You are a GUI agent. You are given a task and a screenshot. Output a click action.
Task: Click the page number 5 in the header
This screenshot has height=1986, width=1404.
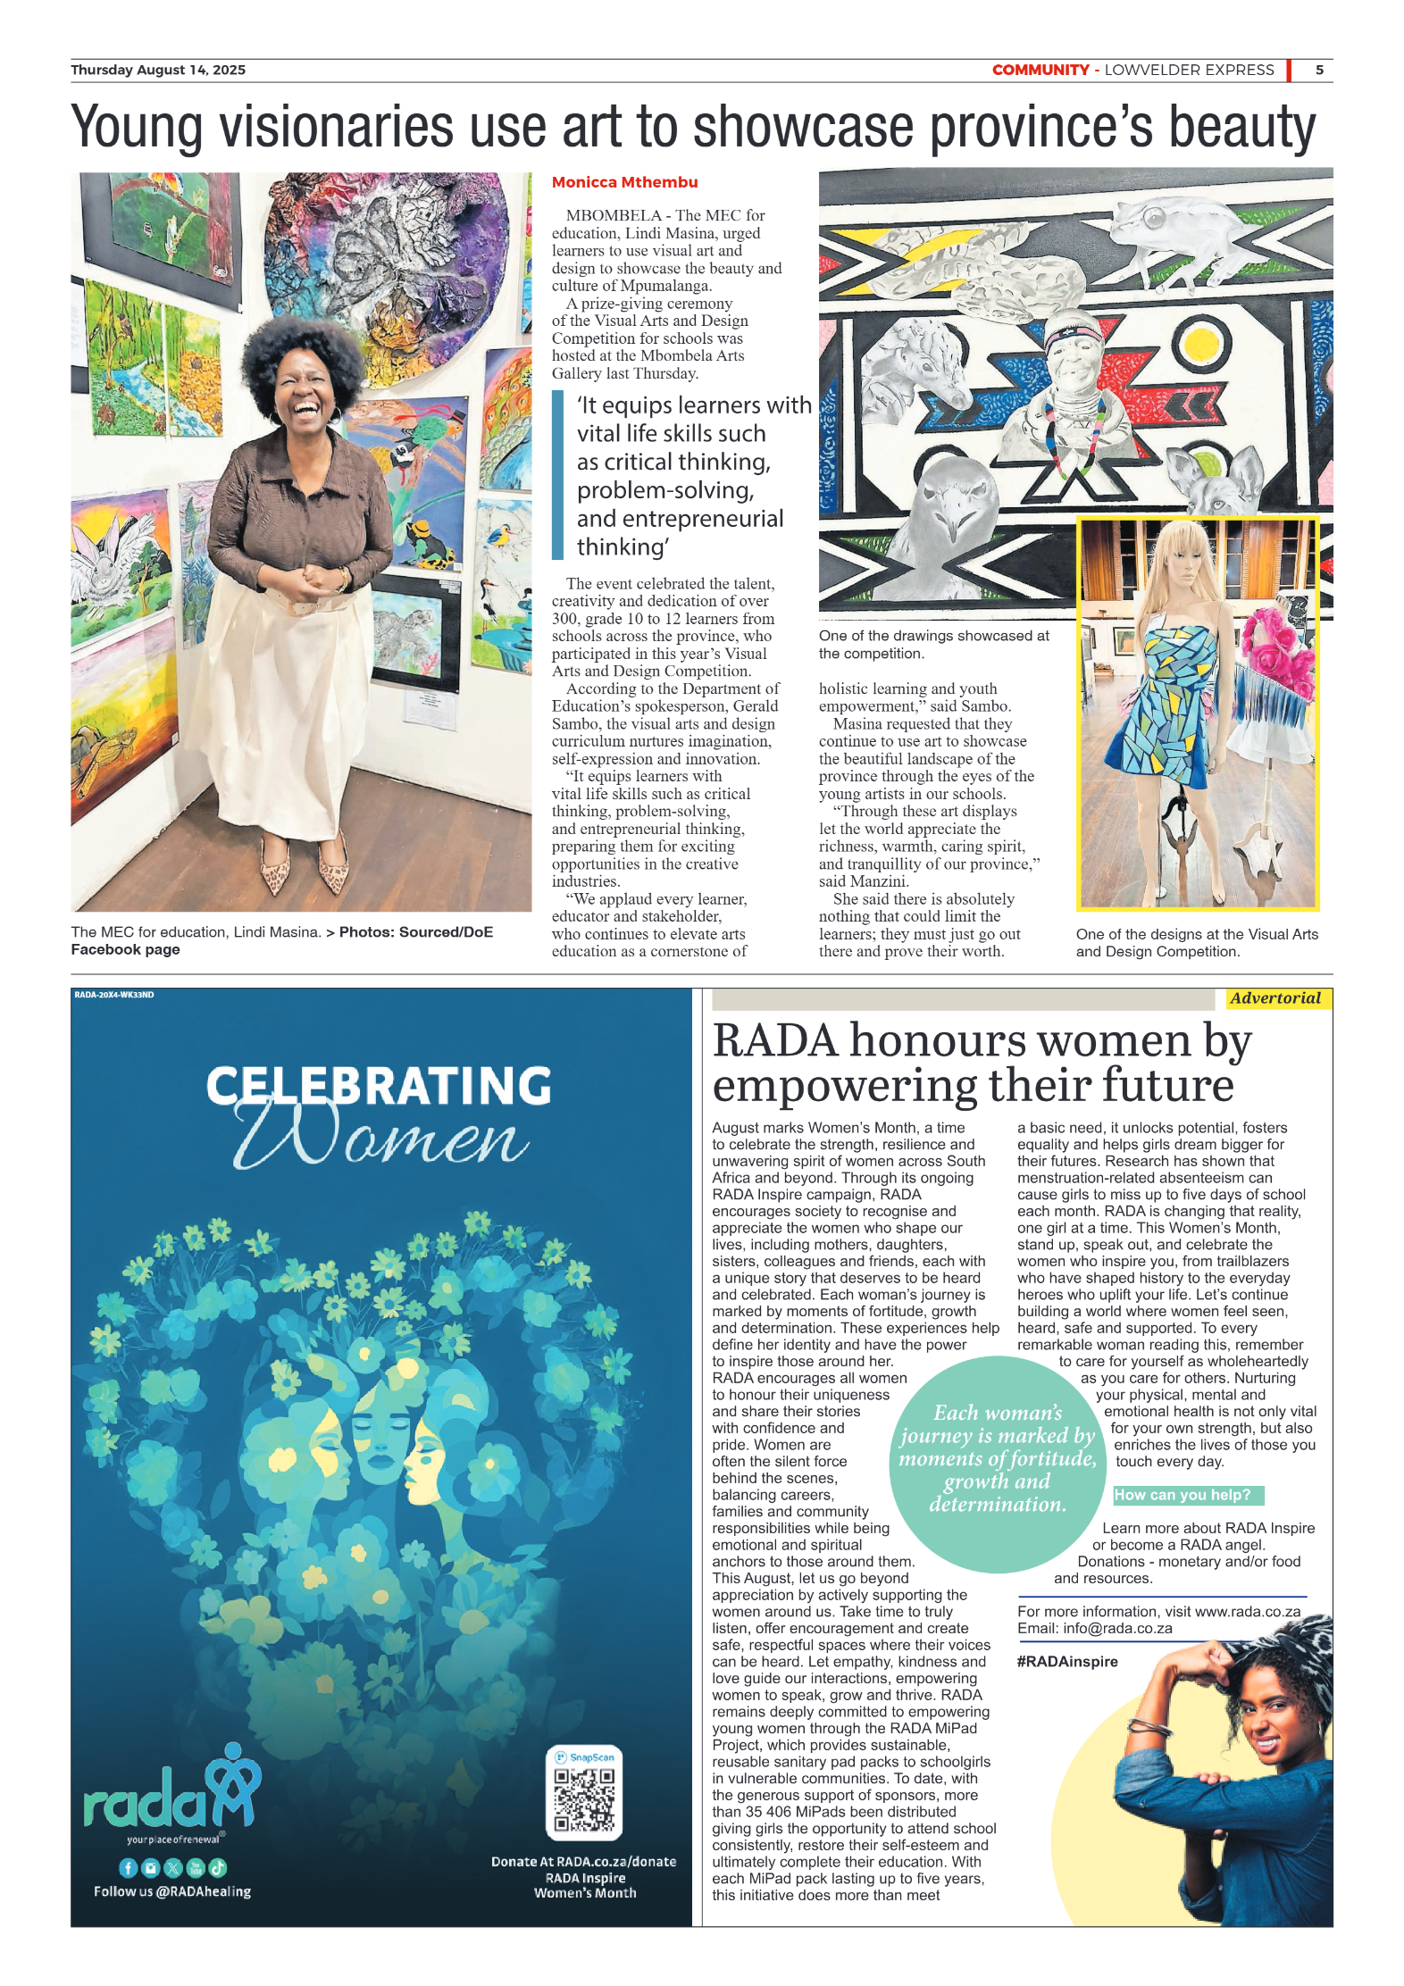1318,70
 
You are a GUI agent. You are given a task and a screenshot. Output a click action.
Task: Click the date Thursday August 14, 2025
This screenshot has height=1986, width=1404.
158,70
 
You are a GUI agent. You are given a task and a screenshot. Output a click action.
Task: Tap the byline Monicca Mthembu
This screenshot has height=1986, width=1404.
624,182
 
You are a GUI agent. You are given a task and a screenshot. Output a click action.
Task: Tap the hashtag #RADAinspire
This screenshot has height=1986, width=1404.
1067,1662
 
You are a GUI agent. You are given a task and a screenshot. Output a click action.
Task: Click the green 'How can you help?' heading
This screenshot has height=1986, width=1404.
1183,1495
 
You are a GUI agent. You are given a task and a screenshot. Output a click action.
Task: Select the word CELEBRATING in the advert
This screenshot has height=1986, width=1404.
379,1086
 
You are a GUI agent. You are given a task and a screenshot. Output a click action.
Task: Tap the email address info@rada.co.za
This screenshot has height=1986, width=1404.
1117,1628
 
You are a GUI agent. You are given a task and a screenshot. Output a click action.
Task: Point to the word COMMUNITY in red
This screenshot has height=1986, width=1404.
1040,70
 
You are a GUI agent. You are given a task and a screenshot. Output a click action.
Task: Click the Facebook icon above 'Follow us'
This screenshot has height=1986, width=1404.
128,1868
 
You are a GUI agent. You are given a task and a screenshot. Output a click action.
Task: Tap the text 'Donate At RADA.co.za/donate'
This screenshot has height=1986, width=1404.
583,1862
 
